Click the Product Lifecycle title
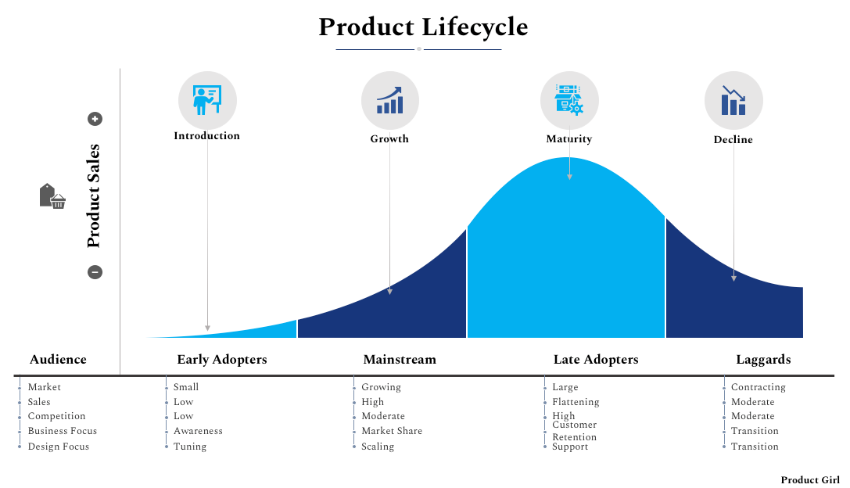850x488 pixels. (x=423, y=27)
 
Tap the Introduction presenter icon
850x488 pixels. (x=207, y=99)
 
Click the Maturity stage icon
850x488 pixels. (x=569, y=99)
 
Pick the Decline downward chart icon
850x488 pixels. (x=733, y=101)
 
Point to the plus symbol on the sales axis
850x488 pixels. (x=95, y=119)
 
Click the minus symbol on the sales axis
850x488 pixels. (x=95, y=272)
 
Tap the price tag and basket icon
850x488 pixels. (x=52, y=196)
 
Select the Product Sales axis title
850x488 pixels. (x=94, y=196)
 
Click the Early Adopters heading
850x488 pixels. (x=222, y=360)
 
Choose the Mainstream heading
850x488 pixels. (x=400, y=360)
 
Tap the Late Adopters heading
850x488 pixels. (x=596, y=360)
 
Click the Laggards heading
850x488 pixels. (x=763, y=360)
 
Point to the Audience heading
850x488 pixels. (x=58, y=360)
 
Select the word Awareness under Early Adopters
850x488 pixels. (x=198, y=431)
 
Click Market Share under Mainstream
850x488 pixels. (x=392, y=431)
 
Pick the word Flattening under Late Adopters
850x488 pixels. (x=576, y=402)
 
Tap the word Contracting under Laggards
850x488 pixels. (x=758, y=387)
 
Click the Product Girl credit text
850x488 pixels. (x=810, y=479)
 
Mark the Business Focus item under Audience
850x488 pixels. (x=63, y=431)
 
